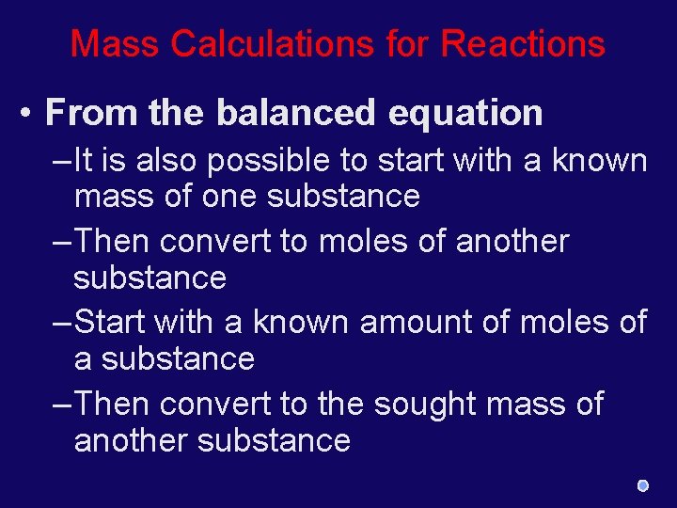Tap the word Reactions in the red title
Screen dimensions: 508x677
[x=523, y=43]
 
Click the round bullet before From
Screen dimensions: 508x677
[x=29, y=113]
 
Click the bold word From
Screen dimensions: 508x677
[x=91, y=113]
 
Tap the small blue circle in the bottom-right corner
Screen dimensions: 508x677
[x=642, y=485]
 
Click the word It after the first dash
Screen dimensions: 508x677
[x=83, y=161]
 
